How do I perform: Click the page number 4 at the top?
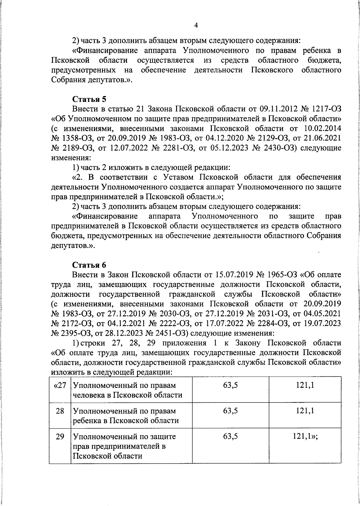click(196, 26)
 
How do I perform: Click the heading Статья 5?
click(89, 99)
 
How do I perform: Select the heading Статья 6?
click(89, 265)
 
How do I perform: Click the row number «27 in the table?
click(59, 385)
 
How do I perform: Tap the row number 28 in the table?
click(60, 411)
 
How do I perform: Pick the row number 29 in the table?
click(60, 436)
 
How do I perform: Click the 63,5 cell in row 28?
click(230, 411)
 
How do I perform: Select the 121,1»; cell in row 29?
click(305, 436)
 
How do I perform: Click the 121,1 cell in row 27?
click(305, 385)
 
